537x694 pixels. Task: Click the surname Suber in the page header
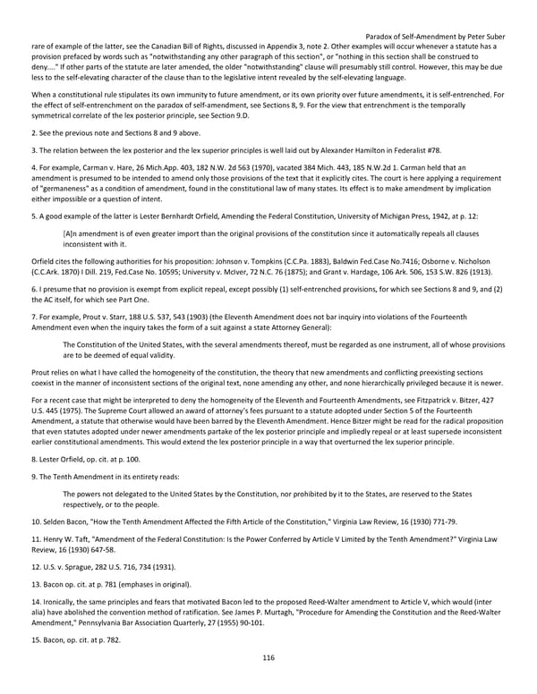click(x=494, y=36)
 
